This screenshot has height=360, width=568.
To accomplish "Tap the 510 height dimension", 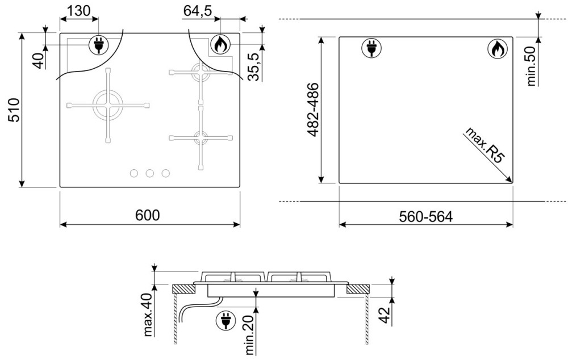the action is pos(14,110).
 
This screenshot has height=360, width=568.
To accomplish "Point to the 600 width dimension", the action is pos(148,215).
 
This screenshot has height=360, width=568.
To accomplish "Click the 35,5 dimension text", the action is pos(254,66).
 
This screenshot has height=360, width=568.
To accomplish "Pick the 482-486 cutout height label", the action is pos(312,110).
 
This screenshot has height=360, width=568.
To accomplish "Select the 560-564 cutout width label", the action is pos(426,216).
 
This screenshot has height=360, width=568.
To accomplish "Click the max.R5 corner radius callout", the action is pos(485,145).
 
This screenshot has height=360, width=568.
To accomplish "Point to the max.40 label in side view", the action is pos(148,315).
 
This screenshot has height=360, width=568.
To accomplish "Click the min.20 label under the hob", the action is pos(249,334).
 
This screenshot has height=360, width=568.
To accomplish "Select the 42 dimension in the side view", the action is pos(385,315).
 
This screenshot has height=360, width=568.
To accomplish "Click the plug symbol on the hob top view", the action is pos(98,45).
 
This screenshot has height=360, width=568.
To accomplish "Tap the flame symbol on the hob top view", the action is pos(220,44).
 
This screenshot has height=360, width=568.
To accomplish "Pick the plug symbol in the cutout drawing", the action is pos(371,48).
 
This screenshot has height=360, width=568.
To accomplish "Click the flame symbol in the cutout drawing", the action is pos(498,48).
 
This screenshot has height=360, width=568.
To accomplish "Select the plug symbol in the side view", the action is pos(225,321).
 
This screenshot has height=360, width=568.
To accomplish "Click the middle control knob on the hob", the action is pos(149,174).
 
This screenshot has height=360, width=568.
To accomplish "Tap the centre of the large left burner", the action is pos(108,106).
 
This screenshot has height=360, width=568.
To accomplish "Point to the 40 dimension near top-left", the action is pos(39,60).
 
